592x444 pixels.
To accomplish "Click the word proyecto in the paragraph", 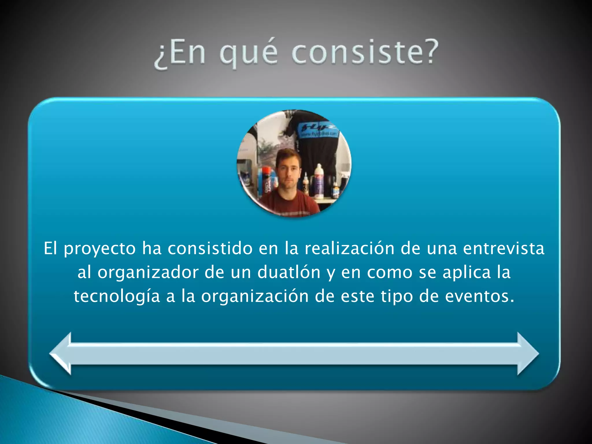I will pyautogui.click(x=100, y=249).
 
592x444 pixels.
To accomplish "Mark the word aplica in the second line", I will pyautogui.click(x=467, y=273).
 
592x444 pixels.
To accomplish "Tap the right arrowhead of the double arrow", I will pyautogui.click(x=527, y=354).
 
